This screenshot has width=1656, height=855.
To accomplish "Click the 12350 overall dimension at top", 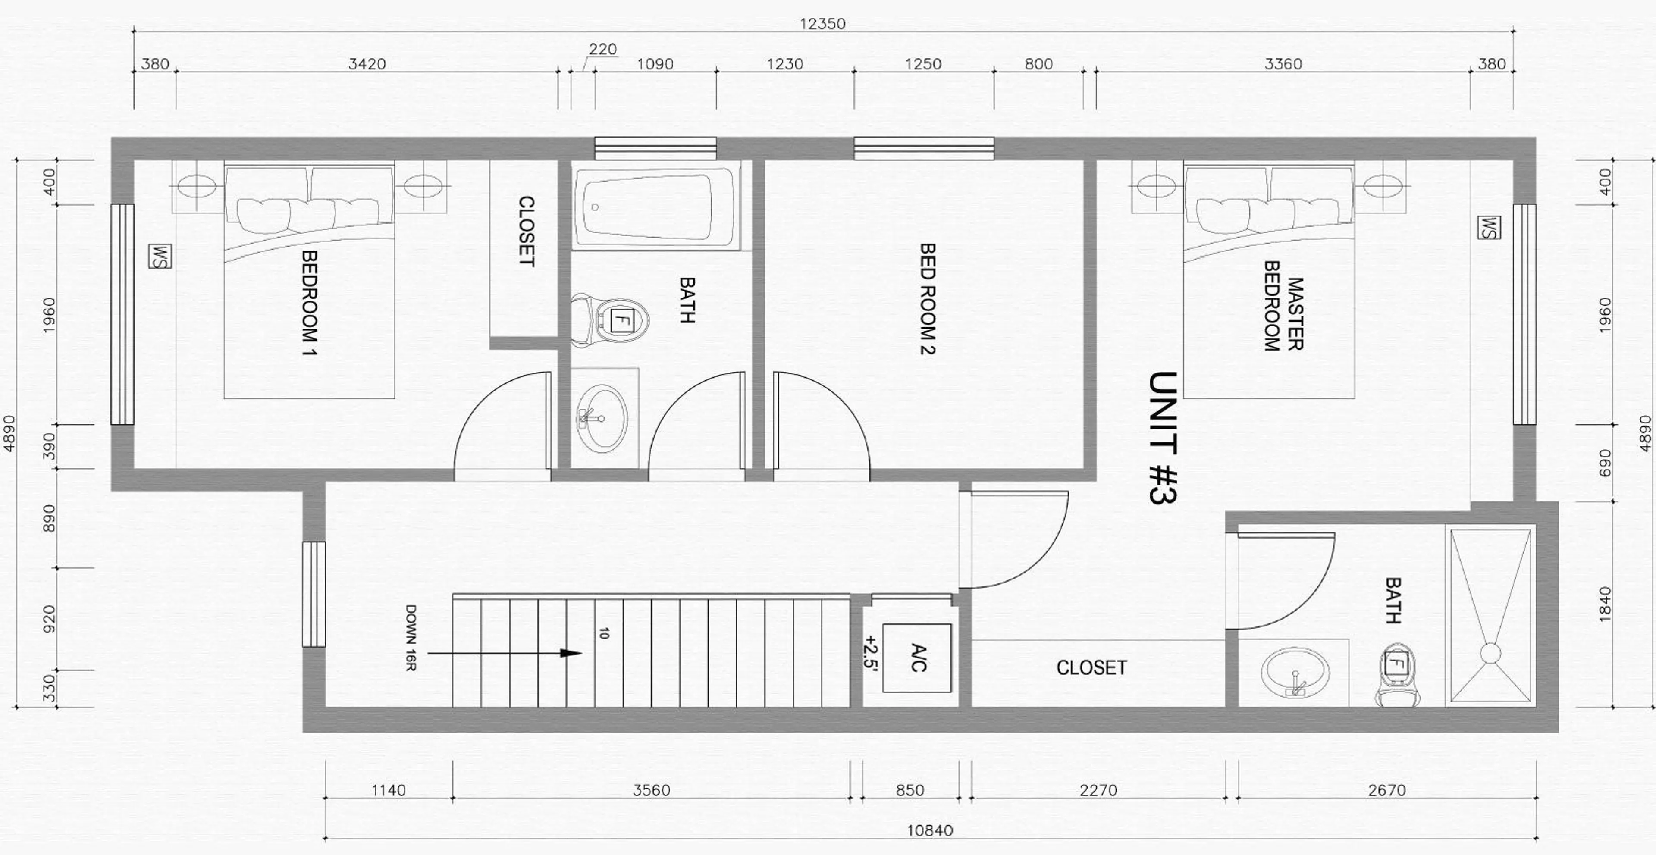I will [822, 24].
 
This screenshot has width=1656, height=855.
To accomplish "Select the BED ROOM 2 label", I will [926, 298].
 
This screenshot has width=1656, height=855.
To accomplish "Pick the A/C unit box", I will [917, 658].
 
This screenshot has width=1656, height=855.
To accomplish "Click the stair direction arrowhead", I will [571, 653].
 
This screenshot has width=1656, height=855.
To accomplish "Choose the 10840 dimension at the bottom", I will [930, 830].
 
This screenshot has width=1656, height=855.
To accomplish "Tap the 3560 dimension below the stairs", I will [651, 790].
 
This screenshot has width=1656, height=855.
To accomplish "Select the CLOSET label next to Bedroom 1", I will [526, 232].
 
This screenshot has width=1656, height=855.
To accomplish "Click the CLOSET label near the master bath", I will [1091, 668].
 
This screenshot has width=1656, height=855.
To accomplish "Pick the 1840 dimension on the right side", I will [1605, 604].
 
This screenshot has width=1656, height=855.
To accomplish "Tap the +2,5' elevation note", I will [871, 653].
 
